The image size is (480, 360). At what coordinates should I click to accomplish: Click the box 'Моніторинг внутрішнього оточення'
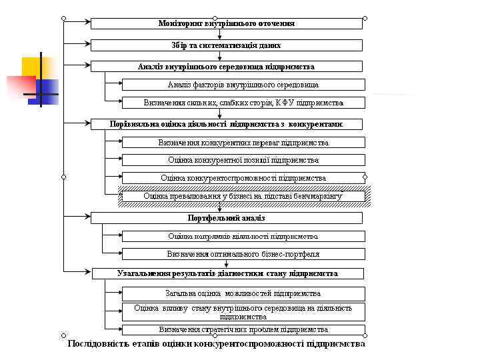227,23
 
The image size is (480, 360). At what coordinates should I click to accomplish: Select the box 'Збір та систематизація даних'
227,45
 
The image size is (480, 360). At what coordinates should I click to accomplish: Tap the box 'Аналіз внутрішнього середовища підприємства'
227,67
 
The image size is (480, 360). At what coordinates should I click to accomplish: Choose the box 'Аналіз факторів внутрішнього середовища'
243,85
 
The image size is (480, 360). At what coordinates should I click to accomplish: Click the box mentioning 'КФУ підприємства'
243,103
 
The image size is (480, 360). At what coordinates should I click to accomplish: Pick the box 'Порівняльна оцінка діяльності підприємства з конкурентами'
227,124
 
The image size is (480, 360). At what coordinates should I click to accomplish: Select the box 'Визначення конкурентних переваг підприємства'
243,143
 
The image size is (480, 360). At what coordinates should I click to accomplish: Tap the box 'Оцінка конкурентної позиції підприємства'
243,160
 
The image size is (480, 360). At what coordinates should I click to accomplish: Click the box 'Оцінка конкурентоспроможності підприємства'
243,178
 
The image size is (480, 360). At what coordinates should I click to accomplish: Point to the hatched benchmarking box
243,196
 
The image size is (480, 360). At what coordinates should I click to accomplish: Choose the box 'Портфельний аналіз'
227,218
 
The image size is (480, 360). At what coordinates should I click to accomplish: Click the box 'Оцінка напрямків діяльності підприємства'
243,236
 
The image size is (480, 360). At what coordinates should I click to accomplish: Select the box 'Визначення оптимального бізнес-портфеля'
243,254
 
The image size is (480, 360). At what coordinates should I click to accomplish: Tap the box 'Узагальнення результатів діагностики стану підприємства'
227,273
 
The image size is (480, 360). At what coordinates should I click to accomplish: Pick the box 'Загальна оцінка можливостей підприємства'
243,293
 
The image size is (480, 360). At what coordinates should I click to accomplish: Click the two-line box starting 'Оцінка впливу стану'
243,312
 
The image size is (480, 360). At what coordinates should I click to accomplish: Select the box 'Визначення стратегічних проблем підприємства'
243,329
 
